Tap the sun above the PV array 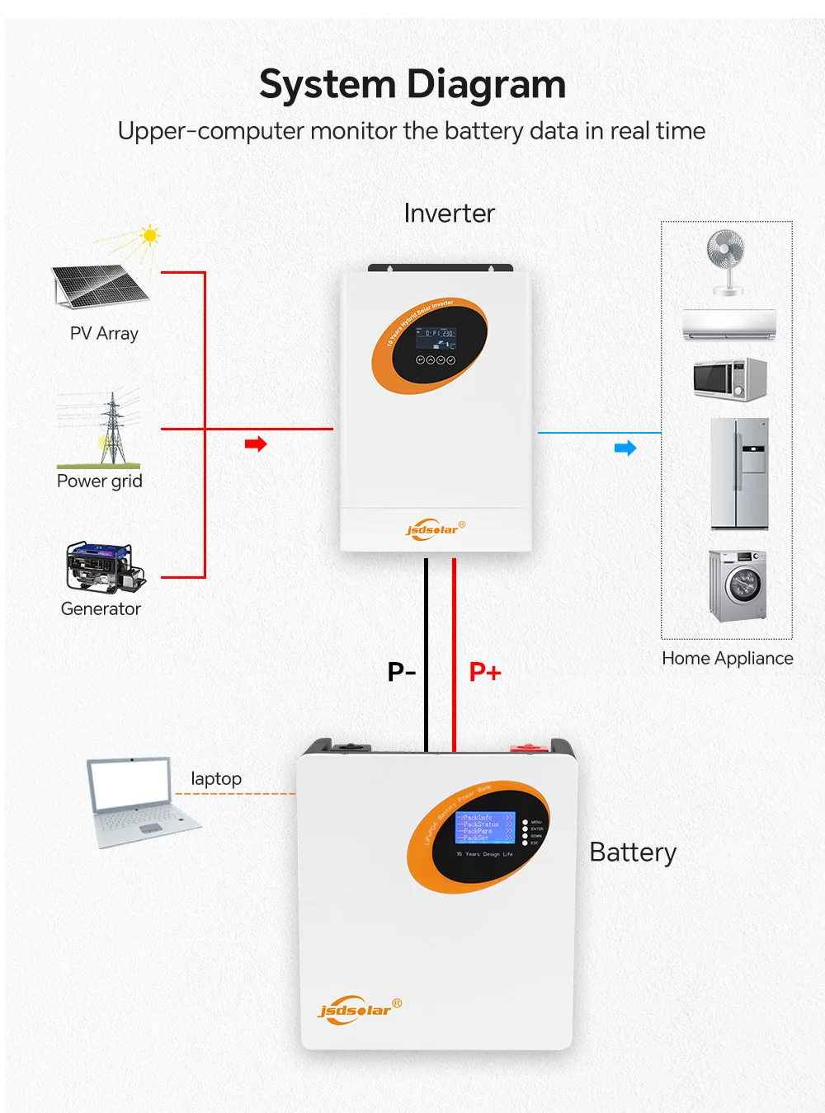coord(149,236)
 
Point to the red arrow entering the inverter coord(256,444)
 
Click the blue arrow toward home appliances coord(625,448)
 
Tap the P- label coord(402,672)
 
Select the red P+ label coord(485,672)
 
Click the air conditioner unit coord(729,324)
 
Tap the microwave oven coord(730,379)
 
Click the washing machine coord(738,585)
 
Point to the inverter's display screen coord(435,338)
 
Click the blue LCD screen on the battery coord(484,827)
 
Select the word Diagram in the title coord(486,85)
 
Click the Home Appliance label coord(727,658)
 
